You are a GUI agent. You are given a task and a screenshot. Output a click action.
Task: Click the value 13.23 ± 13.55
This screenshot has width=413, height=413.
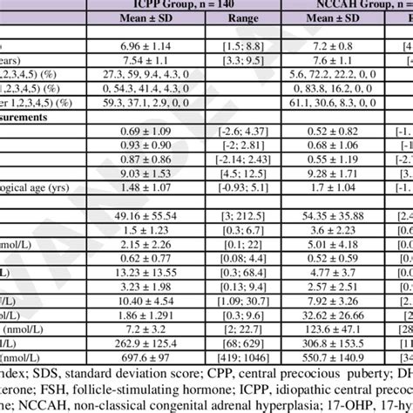147,295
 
